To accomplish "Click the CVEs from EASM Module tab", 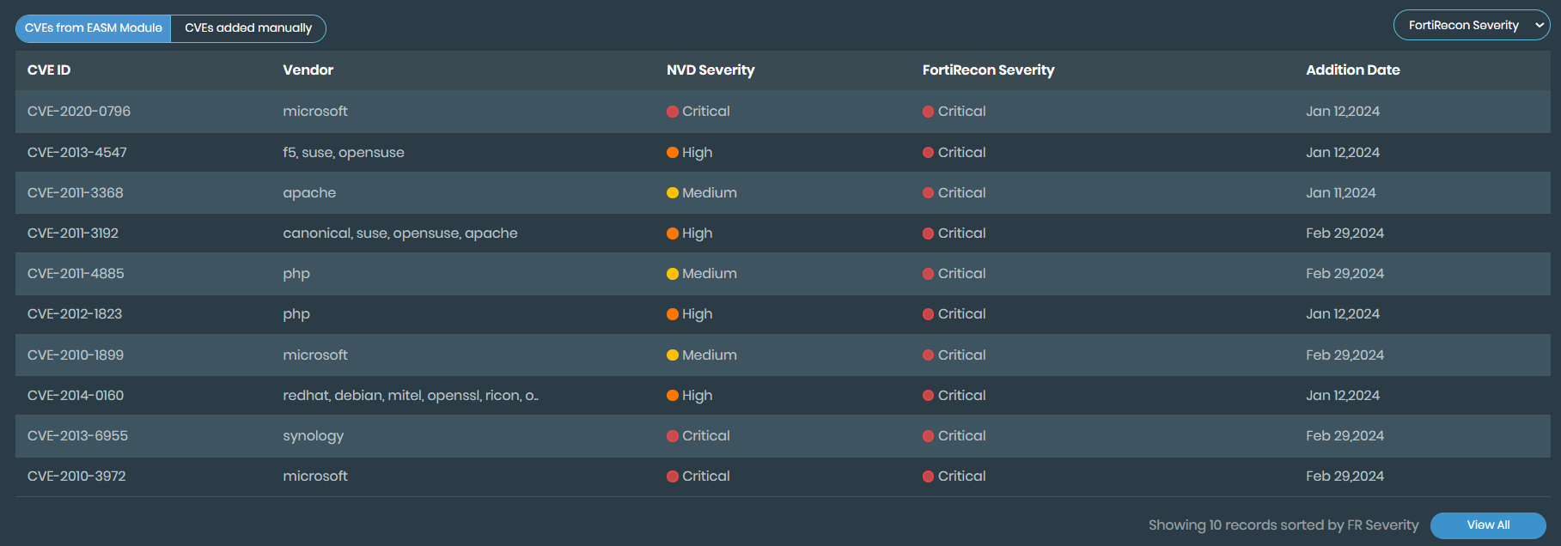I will [x=94, y=28].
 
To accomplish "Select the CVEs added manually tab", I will [x=248, y=28].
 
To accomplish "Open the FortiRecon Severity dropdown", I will [x=1471, y=26].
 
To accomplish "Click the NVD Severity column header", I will [x=710, y=70].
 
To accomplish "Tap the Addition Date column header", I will [x=1352, y=70].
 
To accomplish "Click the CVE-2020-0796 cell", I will [x=79, y=112].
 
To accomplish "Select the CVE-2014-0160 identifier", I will [x=76, y=396].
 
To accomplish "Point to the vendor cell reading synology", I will [x=313, y=436].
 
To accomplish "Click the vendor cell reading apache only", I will [x=309, y=193].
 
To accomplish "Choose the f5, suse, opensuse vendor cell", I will [x=344, y=153].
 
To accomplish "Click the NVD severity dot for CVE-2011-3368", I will [x=673, y=193].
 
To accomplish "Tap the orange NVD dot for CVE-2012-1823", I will [x=673, y=314].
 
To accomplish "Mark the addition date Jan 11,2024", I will [x=1340, y=193].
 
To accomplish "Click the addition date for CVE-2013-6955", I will [x=1345, y=436].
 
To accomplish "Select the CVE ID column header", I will [x=49, y=70].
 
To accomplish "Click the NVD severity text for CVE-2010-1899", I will [x=709, y=355].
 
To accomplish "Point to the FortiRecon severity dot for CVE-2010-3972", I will [x=928, y=476].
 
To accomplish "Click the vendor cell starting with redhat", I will [x=411, y=396].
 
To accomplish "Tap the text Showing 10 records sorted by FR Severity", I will [x=1284, y=525].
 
